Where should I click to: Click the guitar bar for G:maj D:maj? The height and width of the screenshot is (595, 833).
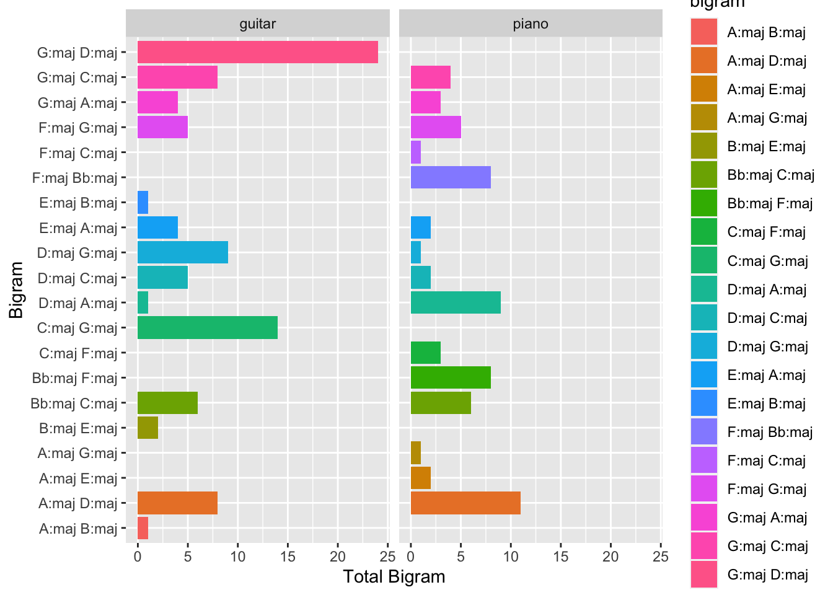257,52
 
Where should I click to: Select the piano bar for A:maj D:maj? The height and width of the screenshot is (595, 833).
465,503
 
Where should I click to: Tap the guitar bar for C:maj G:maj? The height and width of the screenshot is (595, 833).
207,328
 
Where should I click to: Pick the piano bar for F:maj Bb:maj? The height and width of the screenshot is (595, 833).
451,177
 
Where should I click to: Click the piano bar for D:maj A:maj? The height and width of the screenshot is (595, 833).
456,302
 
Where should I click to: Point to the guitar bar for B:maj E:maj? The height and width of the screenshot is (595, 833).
148,428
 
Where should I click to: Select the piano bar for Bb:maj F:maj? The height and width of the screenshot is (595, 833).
451,377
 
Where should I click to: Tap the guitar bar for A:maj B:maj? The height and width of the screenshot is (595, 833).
143,528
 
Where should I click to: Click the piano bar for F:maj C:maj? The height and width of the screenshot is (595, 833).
416,152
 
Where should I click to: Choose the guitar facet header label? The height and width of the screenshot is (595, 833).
257,24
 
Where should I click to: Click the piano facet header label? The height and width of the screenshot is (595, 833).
531,24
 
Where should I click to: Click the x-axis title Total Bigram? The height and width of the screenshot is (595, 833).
394,577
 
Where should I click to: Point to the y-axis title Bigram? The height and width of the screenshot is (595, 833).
16,290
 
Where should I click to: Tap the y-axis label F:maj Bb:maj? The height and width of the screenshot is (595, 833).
75,178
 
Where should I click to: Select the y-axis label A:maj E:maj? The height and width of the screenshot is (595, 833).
78,478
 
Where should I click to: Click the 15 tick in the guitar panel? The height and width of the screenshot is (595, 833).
288,556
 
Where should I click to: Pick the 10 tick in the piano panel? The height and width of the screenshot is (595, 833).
511,556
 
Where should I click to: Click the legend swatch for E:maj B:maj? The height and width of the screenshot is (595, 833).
703,403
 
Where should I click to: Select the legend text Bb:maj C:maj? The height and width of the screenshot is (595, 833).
770,175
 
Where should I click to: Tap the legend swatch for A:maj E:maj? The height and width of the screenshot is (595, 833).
703,89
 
